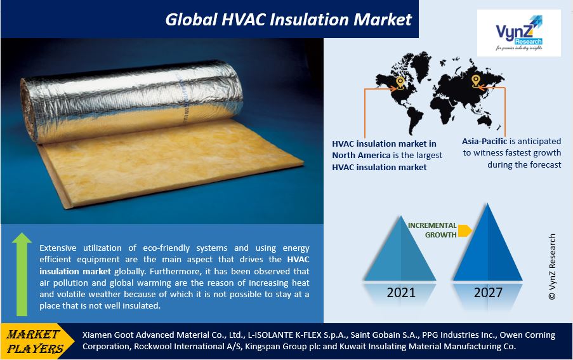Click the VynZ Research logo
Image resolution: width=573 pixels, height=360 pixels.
pyautogui.click(x=518, y=33)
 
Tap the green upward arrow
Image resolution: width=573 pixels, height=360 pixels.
pyautogui.click(x=22, y=274)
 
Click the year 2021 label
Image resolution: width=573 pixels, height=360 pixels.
pyautogui.click(x=401, y=293)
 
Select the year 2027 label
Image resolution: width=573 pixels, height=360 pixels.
pyautogui.click(x=488, y=293)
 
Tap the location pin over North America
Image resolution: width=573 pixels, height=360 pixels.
pyautogui.click(x=400, y=83)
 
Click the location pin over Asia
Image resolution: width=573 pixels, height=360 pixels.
pyautogui.click(x=475, y=81)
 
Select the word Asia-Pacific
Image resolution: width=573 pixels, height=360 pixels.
pyautogui.click(x=484, y=141)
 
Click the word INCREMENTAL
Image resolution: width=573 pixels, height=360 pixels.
pyautogui.click(x=432, y=225)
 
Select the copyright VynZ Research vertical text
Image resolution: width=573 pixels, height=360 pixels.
pyautogui.click(x=552, y=267)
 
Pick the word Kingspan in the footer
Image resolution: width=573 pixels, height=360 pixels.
pyautogui.click(x=261, y=347)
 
